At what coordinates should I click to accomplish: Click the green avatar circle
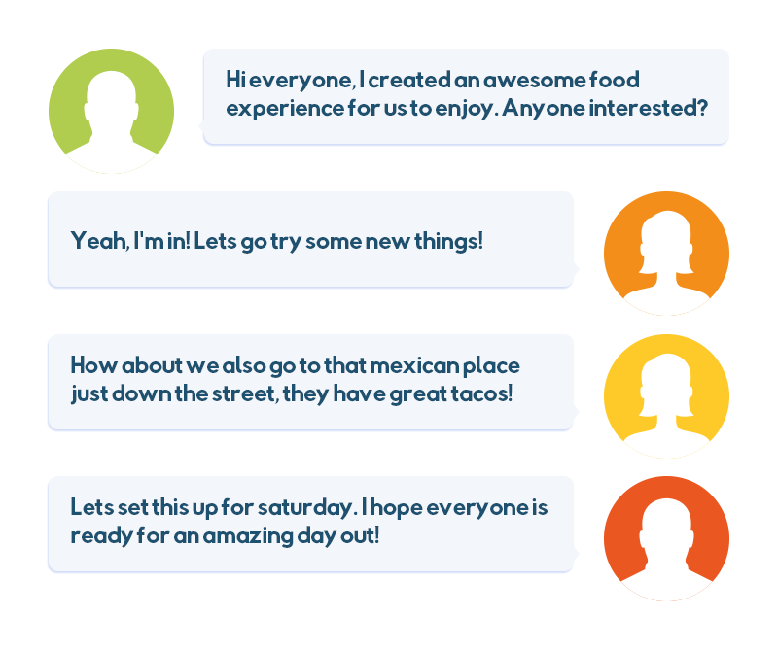coord(111,111)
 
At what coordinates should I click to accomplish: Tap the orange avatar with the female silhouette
coord(666,254)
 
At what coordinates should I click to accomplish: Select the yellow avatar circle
coord(666,396)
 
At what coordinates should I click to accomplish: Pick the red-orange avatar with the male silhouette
coord(666,539)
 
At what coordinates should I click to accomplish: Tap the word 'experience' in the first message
coord(285,109)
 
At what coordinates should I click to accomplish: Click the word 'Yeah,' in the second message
coord(100,241)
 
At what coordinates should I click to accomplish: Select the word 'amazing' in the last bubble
coord(248,536)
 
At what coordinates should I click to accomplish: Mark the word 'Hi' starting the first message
coord(235,80)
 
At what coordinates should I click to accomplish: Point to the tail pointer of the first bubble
coord(201,126)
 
